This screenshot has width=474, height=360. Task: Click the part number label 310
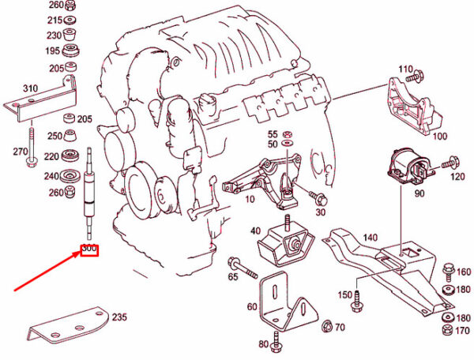[x=30, y=88]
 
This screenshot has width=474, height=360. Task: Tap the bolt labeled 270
[x=32, y=147]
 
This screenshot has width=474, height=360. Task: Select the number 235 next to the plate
[x=120, y=317]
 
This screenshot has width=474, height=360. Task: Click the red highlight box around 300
[x=89, y=250]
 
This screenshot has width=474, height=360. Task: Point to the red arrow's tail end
[x=15, y=291]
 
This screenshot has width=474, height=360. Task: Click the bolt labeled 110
[x=415, y=76]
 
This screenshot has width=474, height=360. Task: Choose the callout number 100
[x=440, y=136]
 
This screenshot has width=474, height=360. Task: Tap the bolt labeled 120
[x=450, y=162]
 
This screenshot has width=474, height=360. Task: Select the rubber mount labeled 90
[x=409, y=167]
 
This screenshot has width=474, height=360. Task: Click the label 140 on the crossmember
[x=370, y=238]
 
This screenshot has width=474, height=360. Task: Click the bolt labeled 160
[x=448, y=271]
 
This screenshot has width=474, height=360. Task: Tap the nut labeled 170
[x=448, y=330]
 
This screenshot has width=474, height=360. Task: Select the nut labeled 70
[x=327, y=326]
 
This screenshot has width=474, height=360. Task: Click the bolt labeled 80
[x=276, y=342]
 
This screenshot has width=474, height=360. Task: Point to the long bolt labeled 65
[x=243, y=268]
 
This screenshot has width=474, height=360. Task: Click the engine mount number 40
[x=255, y=231]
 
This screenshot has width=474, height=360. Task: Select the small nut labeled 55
[x=287, y=134]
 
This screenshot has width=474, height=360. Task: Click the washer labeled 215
[x=71, y=20]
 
